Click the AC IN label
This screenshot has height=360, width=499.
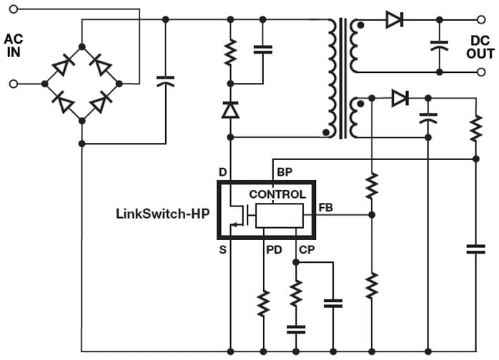pos(14,44)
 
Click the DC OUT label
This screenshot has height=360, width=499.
pos(480,46)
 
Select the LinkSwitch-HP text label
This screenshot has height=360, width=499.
pos(162,213)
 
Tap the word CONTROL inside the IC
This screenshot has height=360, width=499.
pos(277,194)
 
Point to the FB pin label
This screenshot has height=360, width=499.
pos(326,208)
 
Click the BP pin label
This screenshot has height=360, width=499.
pos(284,172)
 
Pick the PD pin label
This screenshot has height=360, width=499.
pos(273,250)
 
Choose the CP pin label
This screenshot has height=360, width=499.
pos(306,250)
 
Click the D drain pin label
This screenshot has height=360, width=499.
pos(222,172)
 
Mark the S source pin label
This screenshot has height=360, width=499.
pos(222,250)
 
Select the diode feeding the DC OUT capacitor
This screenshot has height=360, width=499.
pos(394,20)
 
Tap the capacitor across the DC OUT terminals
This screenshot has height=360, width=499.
pos(439,45)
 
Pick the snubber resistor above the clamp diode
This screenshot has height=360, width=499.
pos(230,52)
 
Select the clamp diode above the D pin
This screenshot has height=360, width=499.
pos(230,109)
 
